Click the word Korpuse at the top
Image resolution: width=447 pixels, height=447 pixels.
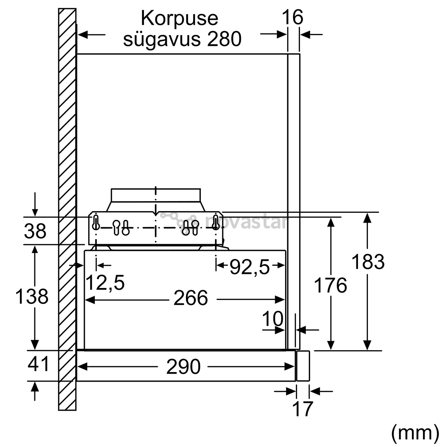click(180, 19)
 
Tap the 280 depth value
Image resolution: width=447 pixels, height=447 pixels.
click(224, 39)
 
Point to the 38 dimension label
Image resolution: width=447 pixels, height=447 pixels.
click(35, 231)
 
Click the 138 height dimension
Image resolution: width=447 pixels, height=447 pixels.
click(31, 296)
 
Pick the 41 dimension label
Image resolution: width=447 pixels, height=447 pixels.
click(38, 364)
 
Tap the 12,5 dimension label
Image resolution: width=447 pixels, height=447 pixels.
click(105, 283)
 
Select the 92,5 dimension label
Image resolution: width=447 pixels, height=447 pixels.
click(250, 267)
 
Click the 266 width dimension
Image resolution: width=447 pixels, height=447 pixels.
click(191, 298)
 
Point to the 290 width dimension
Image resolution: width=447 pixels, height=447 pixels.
click(183, 367)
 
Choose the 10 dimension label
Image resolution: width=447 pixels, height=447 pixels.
click(273, 318)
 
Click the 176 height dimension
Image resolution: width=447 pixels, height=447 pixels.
click(330, 285)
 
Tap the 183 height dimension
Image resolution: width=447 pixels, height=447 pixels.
click(368, 262)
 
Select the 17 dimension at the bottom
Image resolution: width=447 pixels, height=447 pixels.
click(303, 409)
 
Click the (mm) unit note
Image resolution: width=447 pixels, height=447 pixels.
click(415, 433)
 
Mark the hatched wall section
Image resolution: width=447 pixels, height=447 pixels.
click(67, 209)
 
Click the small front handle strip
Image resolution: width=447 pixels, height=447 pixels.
click(303, 366)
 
